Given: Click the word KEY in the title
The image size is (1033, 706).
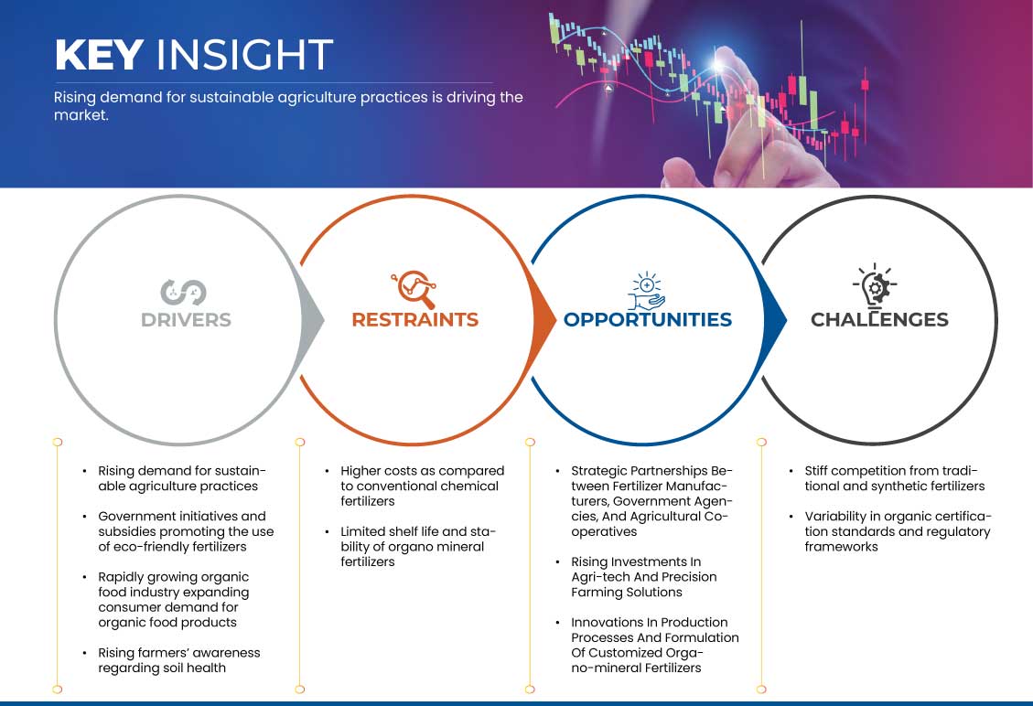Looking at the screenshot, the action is pyautogui.click(x=100, y=54).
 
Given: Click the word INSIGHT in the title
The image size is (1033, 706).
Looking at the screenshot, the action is pyautogui.click(x=244, y=54).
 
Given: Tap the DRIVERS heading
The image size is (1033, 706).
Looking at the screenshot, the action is pyautogui.click(x=186, y=319).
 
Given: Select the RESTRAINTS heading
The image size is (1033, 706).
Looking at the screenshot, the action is pyautogui.click(x=415, y=319).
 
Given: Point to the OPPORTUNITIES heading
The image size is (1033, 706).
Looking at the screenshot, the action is pyautogui.click(x=648, y=319).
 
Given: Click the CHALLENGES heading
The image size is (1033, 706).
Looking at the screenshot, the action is pyautogui.click(x=879, y=319).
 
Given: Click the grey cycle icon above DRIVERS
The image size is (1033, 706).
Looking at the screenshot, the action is pyautogui.click(x=183, y=293).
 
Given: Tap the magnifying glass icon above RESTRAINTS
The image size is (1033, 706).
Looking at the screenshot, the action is pyautogui.click(x=414, y=289).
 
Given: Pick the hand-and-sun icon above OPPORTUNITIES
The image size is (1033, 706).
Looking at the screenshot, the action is pyautogui.click(x=646, y=291).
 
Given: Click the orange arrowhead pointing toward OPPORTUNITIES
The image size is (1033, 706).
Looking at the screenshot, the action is pyautogui.click(x=544, y=321).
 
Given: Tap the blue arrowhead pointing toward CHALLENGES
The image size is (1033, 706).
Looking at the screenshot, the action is pyautogui.click(x=775, y=321).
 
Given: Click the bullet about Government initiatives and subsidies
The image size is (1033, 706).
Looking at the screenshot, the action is pyautogui.click(x=186, y=531).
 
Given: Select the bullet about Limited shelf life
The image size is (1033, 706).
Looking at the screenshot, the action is pyautogui.click(x=417, y=547).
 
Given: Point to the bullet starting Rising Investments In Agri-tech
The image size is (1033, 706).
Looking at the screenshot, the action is pyautogui.click(x=643, y=577).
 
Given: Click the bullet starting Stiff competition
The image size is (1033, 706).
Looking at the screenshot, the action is pyautogui.click(x=894, y=479).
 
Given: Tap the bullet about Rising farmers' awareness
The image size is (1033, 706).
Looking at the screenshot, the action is pyautogui.click(x=178, y=660).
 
